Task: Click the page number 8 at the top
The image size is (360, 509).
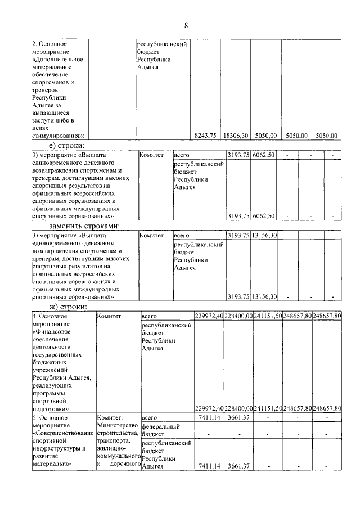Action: [185, 25]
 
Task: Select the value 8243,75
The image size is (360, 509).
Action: [205, 136]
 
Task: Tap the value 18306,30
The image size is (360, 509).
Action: [235, 136]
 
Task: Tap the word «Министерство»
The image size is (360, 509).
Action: [117, 426]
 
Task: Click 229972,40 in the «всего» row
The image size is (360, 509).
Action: [209, 317]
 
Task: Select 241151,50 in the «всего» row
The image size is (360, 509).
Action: [268, 317]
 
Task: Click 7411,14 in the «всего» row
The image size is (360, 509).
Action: [211, 418]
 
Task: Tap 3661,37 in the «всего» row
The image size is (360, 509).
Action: [238, 418]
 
